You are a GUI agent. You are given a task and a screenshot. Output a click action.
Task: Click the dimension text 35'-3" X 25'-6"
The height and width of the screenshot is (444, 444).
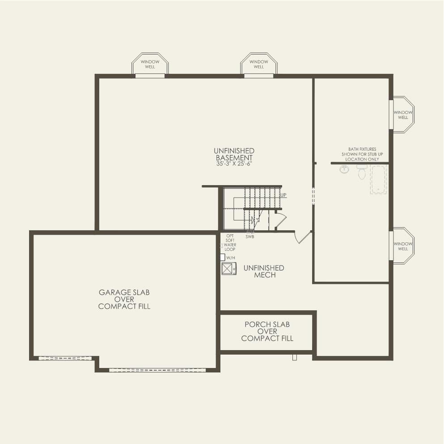coord(234,164)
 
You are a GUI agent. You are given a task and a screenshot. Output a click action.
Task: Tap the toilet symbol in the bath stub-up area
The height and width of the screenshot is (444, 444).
coord(362,172)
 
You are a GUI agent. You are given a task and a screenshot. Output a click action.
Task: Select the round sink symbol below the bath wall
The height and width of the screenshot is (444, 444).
coord(344,170)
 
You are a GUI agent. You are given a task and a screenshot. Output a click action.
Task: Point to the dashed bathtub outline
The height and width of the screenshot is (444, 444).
coord(378,180)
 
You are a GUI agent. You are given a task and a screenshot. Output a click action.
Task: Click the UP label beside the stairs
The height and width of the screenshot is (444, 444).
coord(283,195)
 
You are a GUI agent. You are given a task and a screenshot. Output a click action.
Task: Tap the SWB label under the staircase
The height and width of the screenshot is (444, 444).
coord(250,237)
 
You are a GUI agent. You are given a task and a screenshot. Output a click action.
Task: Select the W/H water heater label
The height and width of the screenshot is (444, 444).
coord(231,258)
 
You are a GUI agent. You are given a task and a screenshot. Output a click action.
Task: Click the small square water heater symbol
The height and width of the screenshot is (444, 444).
coord(222,257)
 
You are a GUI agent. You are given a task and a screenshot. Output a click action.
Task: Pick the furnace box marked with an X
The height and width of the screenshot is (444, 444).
coord(229,268)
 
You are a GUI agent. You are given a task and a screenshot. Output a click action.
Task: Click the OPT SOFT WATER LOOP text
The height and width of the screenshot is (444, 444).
coord(230,242)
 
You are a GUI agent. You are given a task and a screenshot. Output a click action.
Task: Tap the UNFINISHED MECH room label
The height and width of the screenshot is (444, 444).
coord(263,271)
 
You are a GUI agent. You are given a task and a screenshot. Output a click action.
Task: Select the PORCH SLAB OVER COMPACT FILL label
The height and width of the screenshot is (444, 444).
coord(267,331)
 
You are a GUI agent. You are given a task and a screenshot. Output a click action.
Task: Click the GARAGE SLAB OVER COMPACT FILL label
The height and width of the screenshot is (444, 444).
coord(124,299)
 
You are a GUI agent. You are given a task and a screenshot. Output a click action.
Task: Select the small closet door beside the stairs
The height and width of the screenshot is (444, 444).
coord(280,221)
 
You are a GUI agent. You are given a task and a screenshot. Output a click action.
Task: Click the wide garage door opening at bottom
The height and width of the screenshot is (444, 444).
coord(157,370)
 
